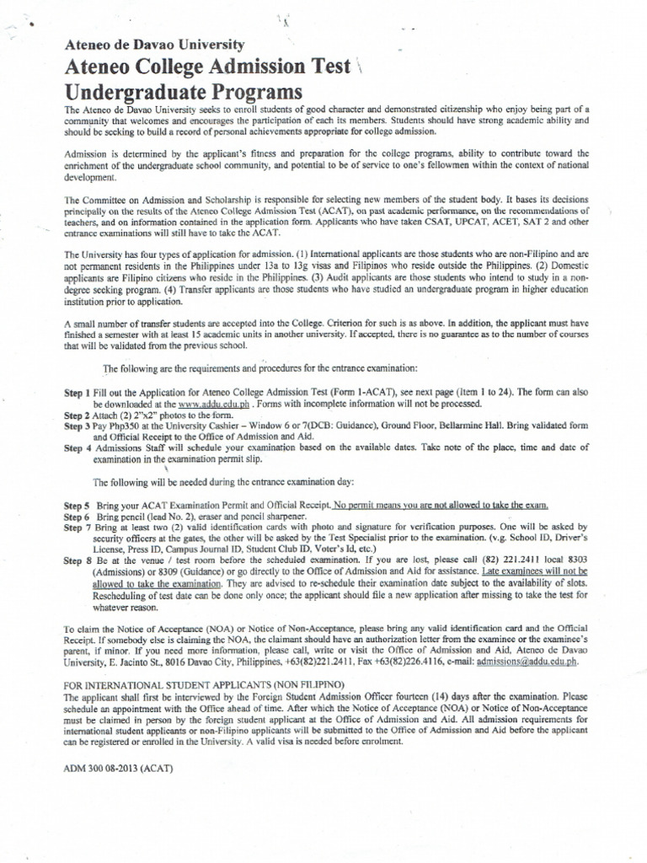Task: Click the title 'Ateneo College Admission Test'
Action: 207,68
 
